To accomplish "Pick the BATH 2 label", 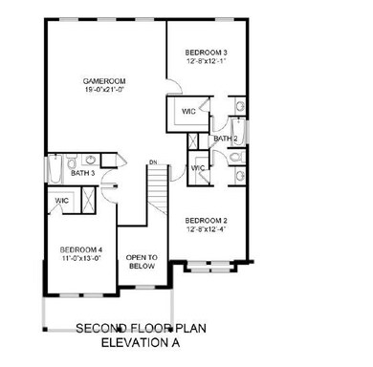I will click(226, 139).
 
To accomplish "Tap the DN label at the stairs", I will click(151, 162).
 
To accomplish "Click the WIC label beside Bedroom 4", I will click(61, 201).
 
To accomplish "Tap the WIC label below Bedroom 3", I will click(188, 112).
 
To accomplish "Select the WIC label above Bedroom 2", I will click(198, 168).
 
